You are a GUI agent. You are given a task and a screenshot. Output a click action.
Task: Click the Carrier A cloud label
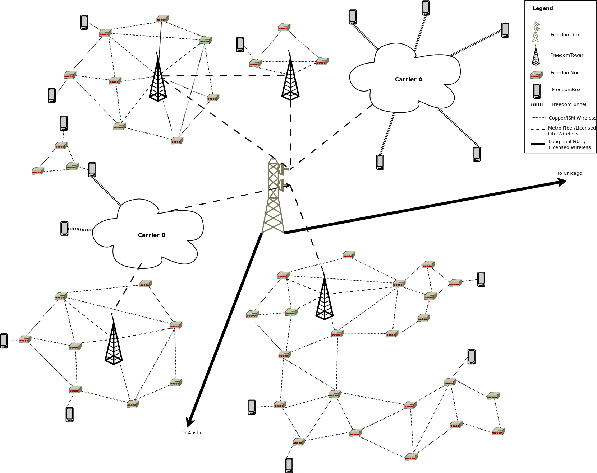(409, 80)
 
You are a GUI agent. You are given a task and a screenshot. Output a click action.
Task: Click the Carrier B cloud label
(152, 235)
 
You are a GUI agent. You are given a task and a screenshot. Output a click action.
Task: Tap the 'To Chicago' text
(569, 173)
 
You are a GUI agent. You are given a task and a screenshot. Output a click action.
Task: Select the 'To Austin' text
(192, 433)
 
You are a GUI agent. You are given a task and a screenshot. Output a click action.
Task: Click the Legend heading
(543, 9)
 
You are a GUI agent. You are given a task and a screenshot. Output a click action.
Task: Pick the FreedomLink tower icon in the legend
(536, 32)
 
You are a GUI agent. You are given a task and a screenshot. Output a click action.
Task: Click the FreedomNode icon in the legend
(536, 75)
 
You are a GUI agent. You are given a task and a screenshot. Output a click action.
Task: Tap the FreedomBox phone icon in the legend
(537, 91)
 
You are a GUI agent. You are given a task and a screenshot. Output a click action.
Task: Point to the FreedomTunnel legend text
(569, 104)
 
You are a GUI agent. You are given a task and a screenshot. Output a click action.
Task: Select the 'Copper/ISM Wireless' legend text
(572, 118)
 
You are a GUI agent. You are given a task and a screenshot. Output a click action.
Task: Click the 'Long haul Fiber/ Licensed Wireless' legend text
(570, 145)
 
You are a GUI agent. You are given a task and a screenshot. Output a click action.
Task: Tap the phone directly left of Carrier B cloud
(64, 229)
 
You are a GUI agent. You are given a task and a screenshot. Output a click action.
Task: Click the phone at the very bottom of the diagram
(289, 465)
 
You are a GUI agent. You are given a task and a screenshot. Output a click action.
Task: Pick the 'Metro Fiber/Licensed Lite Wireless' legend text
(571, 131)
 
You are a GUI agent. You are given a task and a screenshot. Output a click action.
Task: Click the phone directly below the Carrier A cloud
(380, 162)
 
